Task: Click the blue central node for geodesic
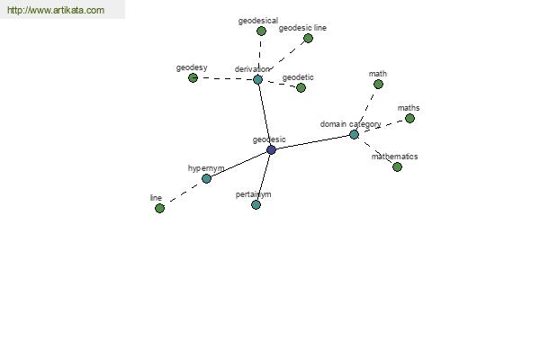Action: [x=272, y=150]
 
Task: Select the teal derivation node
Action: [x=257, y=79]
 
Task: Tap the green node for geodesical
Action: [x=261, y=31]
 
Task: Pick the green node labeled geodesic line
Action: [x=308, y=38]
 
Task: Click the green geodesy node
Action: [x=193, y=78]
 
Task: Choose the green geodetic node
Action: [x=301, y=88]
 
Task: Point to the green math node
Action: [x=378, y=84]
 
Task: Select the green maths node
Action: [x=409, y=119]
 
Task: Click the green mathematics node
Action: [x=397, y=167]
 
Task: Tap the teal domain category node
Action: [x=354, y=134]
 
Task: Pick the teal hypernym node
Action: [x=206, y=178]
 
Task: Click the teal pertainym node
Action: [x=256, y=205]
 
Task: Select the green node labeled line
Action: [x=159, y=208]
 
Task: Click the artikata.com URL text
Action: [x=56, y=10]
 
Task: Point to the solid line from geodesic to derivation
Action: [x=265, y=114]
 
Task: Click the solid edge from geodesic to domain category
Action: [x=312, y=142]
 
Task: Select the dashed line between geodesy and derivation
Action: [x=225, y=78]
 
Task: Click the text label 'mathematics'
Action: [x=395, y=157]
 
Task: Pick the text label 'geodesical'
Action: [x=258, y=21]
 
